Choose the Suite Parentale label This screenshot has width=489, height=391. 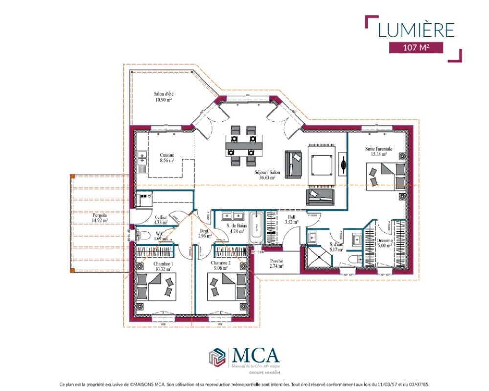[x=378, y=151]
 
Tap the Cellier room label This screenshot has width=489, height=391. [x=161, y=220]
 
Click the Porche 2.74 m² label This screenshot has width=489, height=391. [x=277, y=264]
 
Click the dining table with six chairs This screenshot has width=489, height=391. [x=244, y=145]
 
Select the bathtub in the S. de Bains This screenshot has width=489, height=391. [x=256, y=227]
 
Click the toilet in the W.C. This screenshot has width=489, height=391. [x=141, y=236]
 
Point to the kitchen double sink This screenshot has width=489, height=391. [x=143, y=157]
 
